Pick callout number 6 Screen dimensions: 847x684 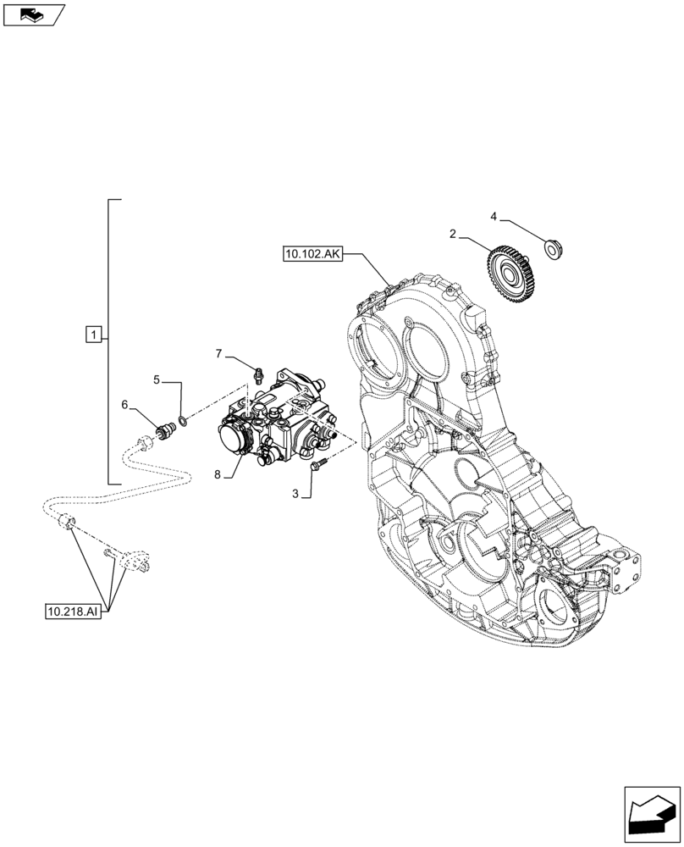124,405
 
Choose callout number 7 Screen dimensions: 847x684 218,352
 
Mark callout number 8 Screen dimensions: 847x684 218,475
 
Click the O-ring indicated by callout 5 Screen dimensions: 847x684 183,421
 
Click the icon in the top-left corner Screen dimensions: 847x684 33,14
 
